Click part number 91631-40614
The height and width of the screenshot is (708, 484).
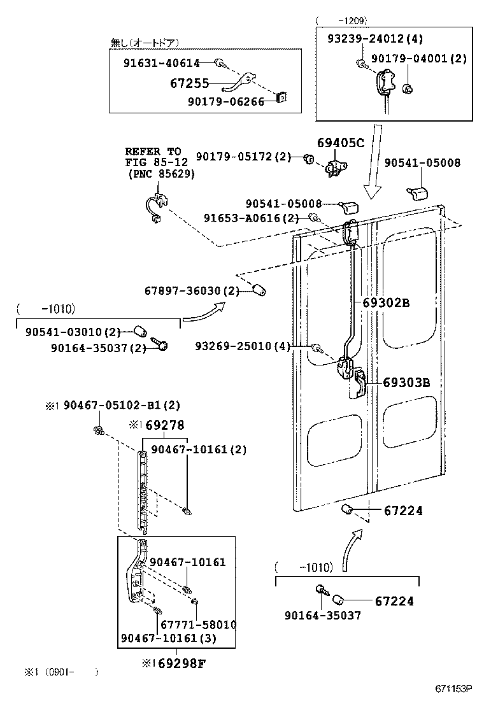[162, 63]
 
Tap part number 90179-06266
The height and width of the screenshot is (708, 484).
[225, 101]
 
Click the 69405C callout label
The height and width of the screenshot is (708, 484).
[340, 143]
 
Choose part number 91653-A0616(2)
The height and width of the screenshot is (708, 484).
[251, 218]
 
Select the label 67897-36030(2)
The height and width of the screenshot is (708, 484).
[191, 291]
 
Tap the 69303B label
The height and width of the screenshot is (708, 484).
[406, 382]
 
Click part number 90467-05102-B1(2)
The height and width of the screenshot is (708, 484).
[121, 406]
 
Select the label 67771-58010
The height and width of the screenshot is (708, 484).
[198, 625]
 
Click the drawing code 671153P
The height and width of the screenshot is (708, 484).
[453, 688]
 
